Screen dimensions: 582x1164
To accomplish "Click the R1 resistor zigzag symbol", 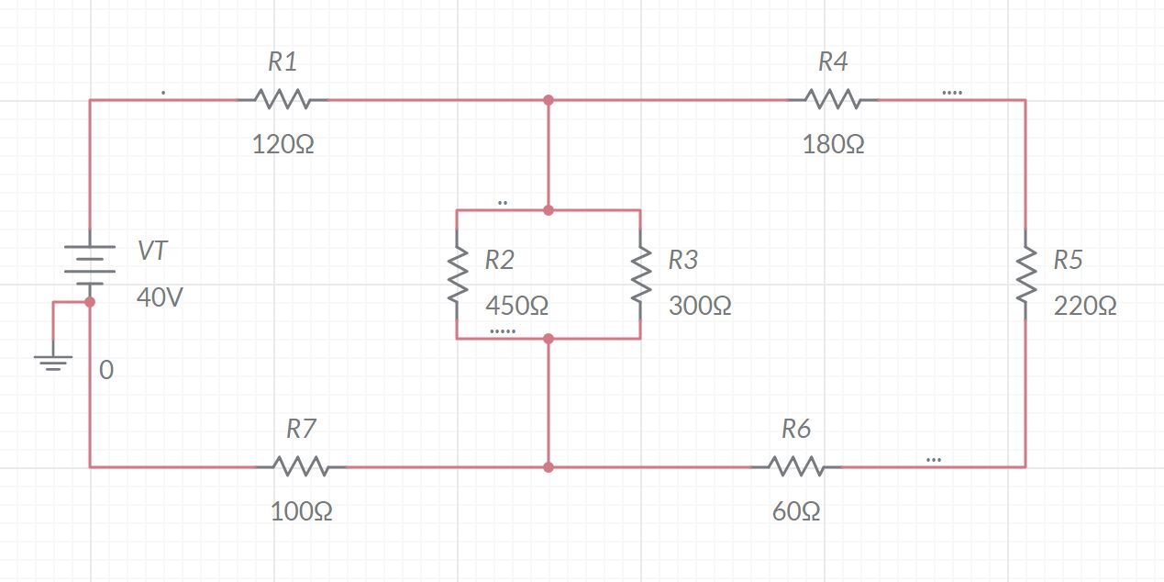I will [x=283, y=99].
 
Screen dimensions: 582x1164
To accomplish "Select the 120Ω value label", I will [x=283, y=145].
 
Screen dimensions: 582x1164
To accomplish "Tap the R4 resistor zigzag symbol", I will [x=832, y=99].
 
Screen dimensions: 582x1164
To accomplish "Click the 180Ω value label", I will [x=833, y=145].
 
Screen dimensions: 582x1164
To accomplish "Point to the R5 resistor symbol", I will [x=1025, y=274].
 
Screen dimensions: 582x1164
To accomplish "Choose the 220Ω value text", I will [x=1085, y=307].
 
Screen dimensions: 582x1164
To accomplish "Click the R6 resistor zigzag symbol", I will [x=795, y=466].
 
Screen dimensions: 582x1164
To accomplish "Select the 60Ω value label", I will [x=796, y=511].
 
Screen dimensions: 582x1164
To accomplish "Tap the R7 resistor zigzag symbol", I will [x=301, y=466].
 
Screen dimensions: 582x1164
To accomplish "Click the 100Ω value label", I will [x=302, y=511].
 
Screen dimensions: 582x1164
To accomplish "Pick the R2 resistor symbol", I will [x=457, y=274].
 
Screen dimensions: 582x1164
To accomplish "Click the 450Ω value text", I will [x=516, y=306].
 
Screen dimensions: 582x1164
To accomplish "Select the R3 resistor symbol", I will [x=640, y=274].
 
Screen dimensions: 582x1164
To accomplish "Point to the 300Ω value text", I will [x=700, y=306].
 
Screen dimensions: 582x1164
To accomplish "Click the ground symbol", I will [x=53, y=360].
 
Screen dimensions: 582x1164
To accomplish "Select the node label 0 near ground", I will [x=106, y=371].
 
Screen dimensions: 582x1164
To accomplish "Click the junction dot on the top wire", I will [x=549, y=100].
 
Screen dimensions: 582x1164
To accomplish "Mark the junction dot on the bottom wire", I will [x=549, y=467].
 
